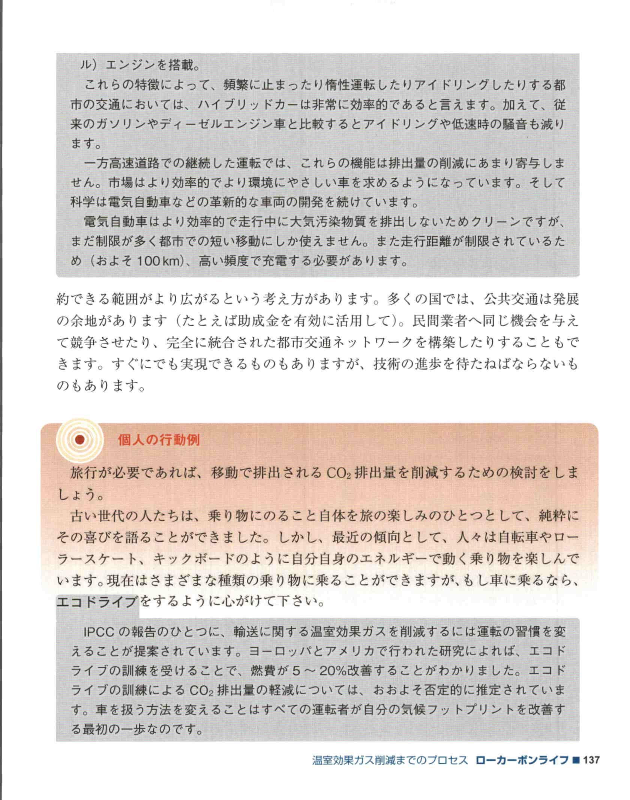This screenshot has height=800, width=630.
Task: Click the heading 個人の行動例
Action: [x=159, y=440]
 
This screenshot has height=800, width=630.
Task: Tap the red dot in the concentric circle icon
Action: [x=79, y=440]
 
